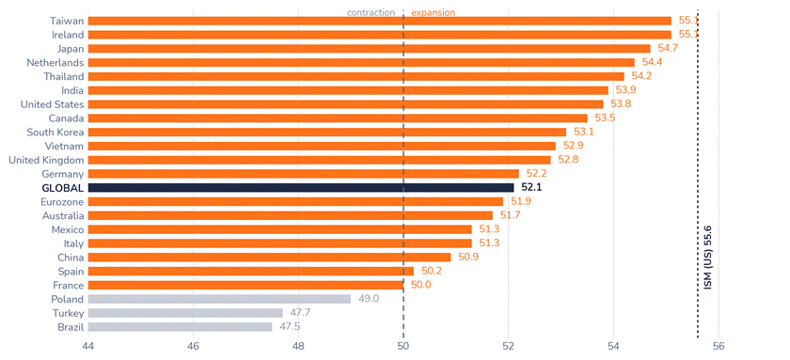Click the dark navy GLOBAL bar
pyautogui.click(x=301, y=188)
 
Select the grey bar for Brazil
pyautogui.click(x=181, y=327)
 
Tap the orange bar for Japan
pyautogui.click(x=370, y=49)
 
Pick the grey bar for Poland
pyautogui.click(x=220, y=299)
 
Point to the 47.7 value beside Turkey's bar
pyautogui.click(x=300, y=313)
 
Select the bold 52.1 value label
pyautogui.click(x=531, y=188)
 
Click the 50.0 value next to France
pyautogui.click(x=420, y=286)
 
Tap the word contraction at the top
pyautogui.click(x=371, y=12)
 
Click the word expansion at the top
pyautogui.click(x=434, y=12)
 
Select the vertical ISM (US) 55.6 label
pyautogui.click(x=708, y=258)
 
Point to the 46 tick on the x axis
pyautogui.click(x=194, y=346)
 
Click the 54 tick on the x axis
pyautogui.click(x=613, y=346)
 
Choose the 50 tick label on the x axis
pyautogui.click(x=403, y=346)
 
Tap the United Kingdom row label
pyautogui.click(x=46, y=160)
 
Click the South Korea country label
pyautogui.click(x=55, y=133)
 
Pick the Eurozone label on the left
pyautogui.click(x=62, y=202)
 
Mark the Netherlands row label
pyautogui.click(x=55, y=63)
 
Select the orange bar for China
pyautogui.click(x=270, y=258)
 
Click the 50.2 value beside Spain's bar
pyautogui.click(x=432, y=272)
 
